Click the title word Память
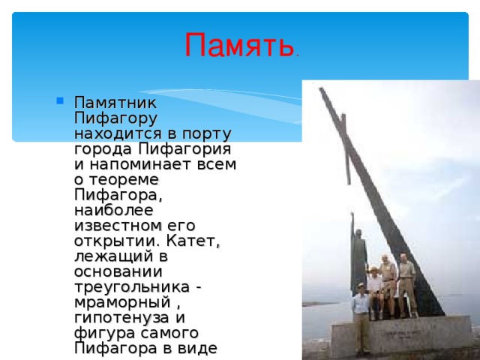tap(238, 46)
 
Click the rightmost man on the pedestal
tap(406, 285)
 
